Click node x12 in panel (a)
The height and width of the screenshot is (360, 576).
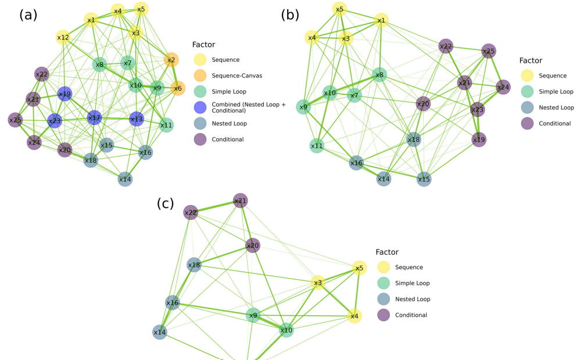pos(63,38)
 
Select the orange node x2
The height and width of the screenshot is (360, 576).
pos(171,60)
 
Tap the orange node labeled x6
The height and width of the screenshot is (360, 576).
pos(178,88)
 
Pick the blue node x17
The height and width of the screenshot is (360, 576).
pos(94,118)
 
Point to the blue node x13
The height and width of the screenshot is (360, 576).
pos(136,119)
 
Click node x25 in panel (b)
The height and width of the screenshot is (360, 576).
pos(489,51)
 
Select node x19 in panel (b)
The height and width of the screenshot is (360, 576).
pos(478,140)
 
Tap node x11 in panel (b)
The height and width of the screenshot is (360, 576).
pos(316,145)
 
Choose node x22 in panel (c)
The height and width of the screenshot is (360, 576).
pos(191,213)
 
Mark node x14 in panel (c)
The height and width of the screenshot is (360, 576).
pos(160,332)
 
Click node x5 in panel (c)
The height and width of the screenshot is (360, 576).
pos(360,268)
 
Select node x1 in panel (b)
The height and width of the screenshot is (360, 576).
pos(381,21)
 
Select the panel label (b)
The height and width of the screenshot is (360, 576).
pos(290,15)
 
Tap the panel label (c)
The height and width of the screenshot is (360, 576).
pos(166,204)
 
